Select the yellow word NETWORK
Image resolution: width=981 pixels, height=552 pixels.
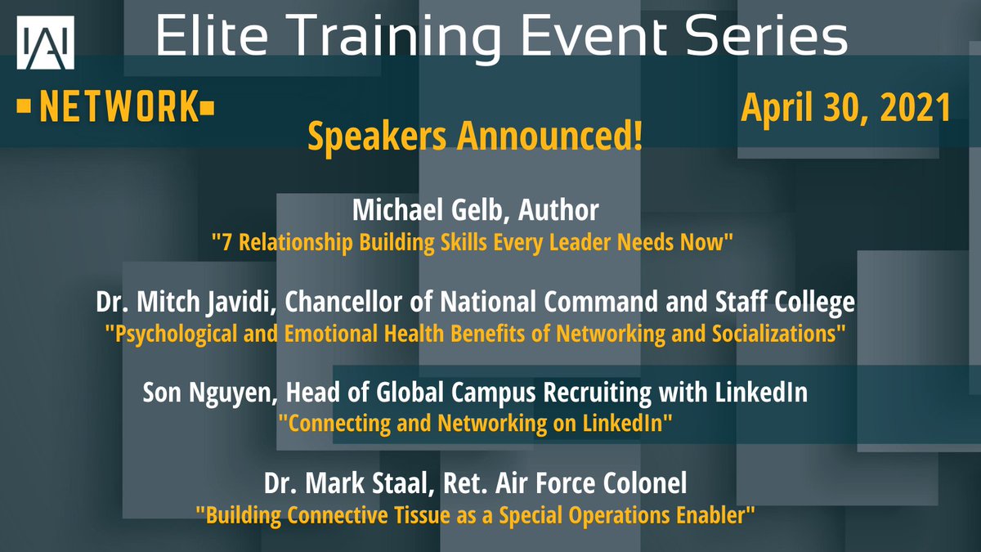click(x=118, y=107)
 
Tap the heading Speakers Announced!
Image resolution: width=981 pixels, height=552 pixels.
click(x=474, y=137)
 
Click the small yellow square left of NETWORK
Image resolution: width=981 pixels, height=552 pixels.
click(x=24, y=107)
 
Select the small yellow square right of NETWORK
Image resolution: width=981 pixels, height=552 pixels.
click(x=209, y=107)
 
